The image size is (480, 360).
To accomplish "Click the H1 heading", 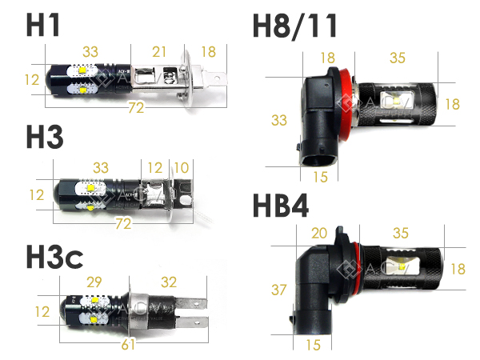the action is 42,25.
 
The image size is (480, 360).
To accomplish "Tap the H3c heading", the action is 54,257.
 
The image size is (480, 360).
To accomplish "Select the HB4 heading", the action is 281,206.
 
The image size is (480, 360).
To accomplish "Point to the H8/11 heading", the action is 294,26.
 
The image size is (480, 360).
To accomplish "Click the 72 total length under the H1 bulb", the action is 136,107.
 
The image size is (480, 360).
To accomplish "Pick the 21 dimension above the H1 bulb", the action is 159,52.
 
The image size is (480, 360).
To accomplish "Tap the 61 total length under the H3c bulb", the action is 128,344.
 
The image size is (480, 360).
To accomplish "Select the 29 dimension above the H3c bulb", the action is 94,282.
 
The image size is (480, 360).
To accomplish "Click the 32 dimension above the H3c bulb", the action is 169,282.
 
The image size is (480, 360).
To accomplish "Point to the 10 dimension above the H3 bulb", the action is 182,168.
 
